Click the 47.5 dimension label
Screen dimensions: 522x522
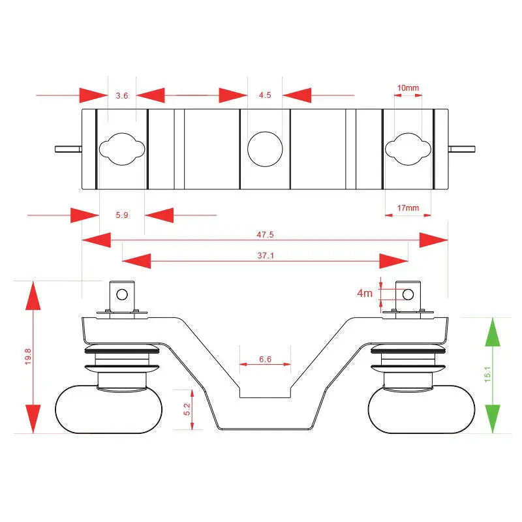[x=265, y=234]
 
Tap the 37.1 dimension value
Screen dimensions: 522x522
[x=266, y=255]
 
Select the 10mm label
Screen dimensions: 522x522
[x=408, y=88]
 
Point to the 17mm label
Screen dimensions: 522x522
[x=408, y=207]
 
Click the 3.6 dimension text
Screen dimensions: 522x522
[x=122, y=95]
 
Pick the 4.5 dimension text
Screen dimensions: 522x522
[x=265, y=95]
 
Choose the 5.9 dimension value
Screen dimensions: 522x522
[x=122, y=215]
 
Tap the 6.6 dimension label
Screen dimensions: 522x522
[x=266, y=360]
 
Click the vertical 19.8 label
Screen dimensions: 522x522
[x=28, y=356]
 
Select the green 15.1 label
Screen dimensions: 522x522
[x=487, y=374]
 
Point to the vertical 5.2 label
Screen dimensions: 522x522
[x=187, y=409]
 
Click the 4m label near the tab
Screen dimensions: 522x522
[x=365, y=293]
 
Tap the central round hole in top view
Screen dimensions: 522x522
[x=265, y=149]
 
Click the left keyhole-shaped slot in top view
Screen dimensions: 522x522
[x=122, y=149]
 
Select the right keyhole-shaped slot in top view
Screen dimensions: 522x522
[x=408, y=149]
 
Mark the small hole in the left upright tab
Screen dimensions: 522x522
[x=122, y=294]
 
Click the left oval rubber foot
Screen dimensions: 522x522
[x=108, y=409]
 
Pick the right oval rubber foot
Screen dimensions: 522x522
[x=422, y=409]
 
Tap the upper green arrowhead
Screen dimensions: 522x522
[x=493, y=332]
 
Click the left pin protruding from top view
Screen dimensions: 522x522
[x=69, y=149]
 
